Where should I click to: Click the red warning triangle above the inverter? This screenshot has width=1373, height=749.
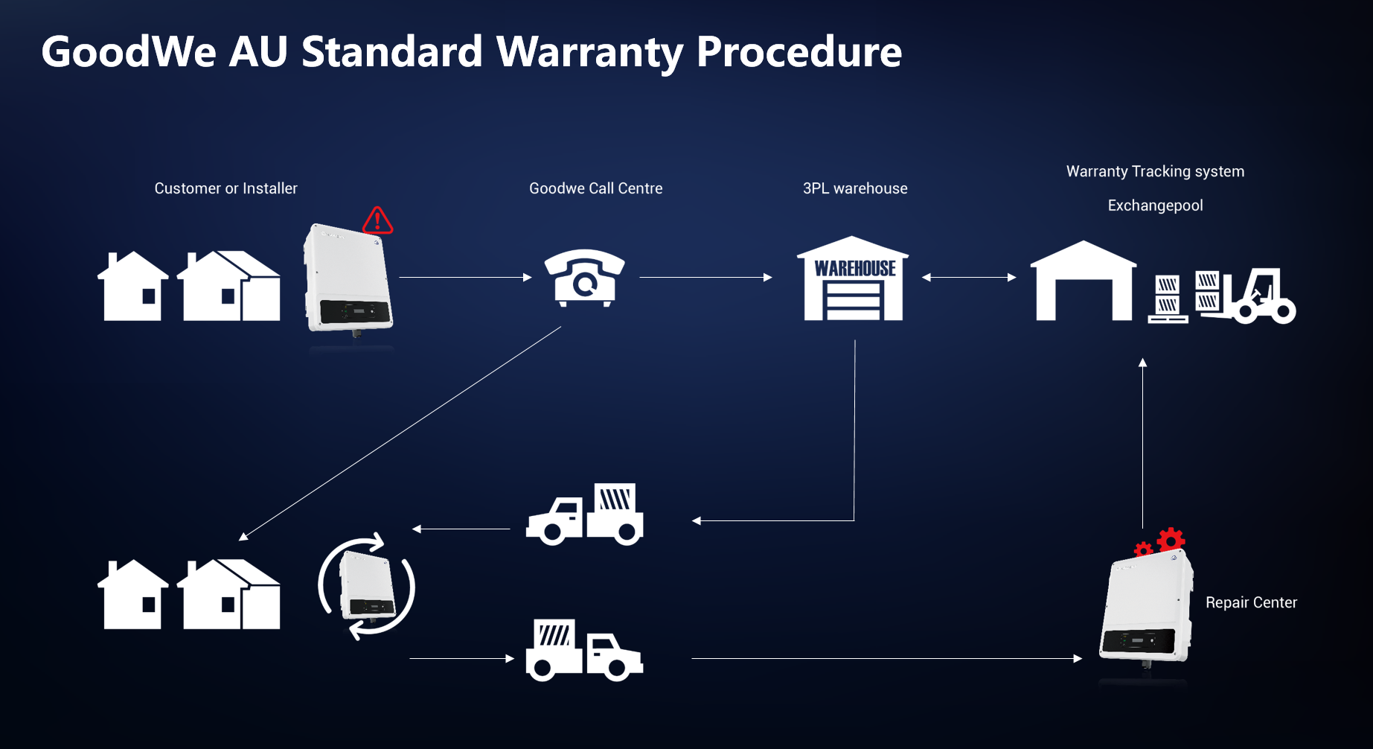(x=377, y=220)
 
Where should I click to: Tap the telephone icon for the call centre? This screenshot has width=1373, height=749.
(x=585, y=278)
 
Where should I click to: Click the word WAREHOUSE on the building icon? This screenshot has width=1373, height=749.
(x=855, y=269)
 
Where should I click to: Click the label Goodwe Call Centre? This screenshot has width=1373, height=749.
(x=595, y=188)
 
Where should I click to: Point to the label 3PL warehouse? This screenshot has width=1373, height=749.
(x=855, y=188)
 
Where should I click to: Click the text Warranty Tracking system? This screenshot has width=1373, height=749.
(x=1155, y=171)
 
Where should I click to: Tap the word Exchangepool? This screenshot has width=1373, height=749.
(x=1155, y=205)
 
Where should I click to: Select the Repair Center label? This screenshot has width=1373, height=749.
(x=1251, y=602)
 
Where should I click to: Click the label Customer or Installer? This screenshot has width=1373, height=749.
(x=225, y=188)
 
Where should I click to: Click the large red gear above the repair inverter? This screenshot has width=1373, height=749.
(x=1171, y=540)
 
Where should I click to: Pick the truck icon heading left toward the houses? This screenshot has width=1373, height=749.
(x=585, y=514)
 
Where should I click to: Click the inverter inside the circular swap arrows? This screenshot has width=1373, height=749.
(x=367, y=587)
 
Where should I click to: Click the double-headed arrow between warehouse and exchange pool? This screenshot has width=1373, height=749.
(x=969, y=278)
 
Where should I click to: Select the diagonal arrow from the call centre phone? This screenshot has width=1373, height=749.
(x=400, y=433)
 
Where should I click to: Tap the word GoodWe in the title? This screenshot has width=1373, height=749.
(x=129, y=52)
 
